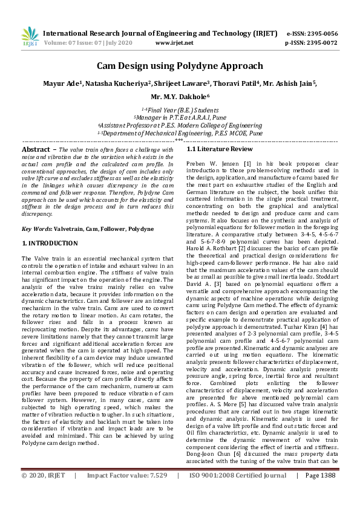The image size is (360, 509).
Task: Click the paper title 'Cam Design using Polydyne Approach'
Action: pyautogui.click(x=180, y=66)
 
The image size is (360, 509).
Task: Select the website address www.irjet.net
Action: pyautogui.click(x=174, y=44)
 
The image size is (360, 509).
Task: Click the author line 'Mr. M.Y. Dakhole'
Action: pyautogui.click(x=179, y=96)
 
